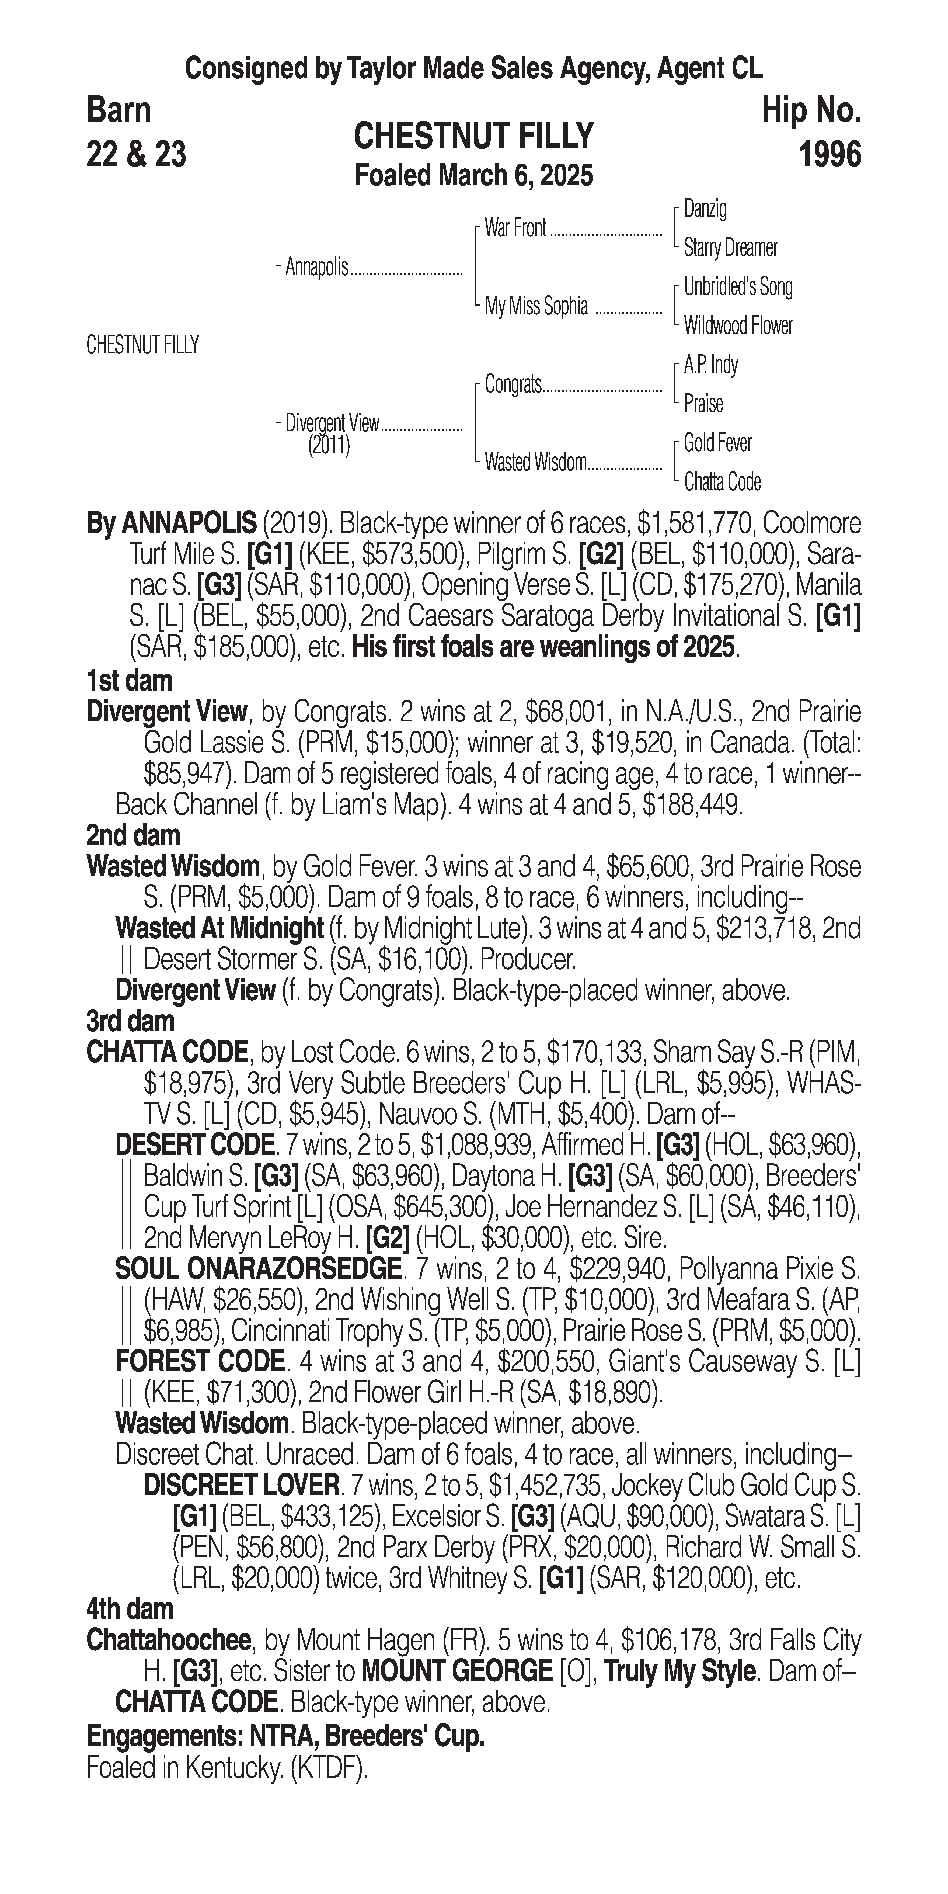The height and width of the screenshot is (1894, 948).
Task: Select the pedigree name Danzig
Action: coord(705,209)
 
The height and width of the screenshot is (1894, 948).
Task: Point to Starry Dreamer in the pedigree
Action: coord(730,248)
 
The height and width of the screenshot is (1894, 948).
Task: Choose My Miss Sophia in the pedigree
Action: coord(536,307)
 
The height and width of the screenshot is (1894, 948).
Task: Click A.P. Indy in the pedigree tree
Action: coord(711,365)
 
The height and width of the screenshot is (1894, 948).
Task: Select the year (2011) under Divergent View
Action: coord(329,446)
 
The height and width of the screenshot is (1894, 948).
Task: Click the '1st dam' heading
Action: coord(129,681)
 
